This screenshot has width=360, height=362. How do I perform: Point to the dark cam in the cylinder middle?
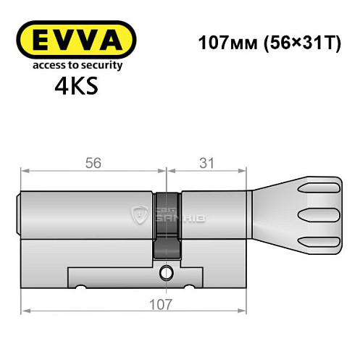pos(167,224)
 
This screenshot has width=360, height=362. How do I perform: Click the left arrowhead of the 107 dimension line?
pos(24,311)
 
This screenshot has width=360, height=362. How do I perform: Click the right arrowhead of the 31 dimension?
pos(238,172)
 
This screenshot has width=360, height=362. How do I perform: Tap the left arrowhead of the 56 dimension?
pos(24,172)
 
